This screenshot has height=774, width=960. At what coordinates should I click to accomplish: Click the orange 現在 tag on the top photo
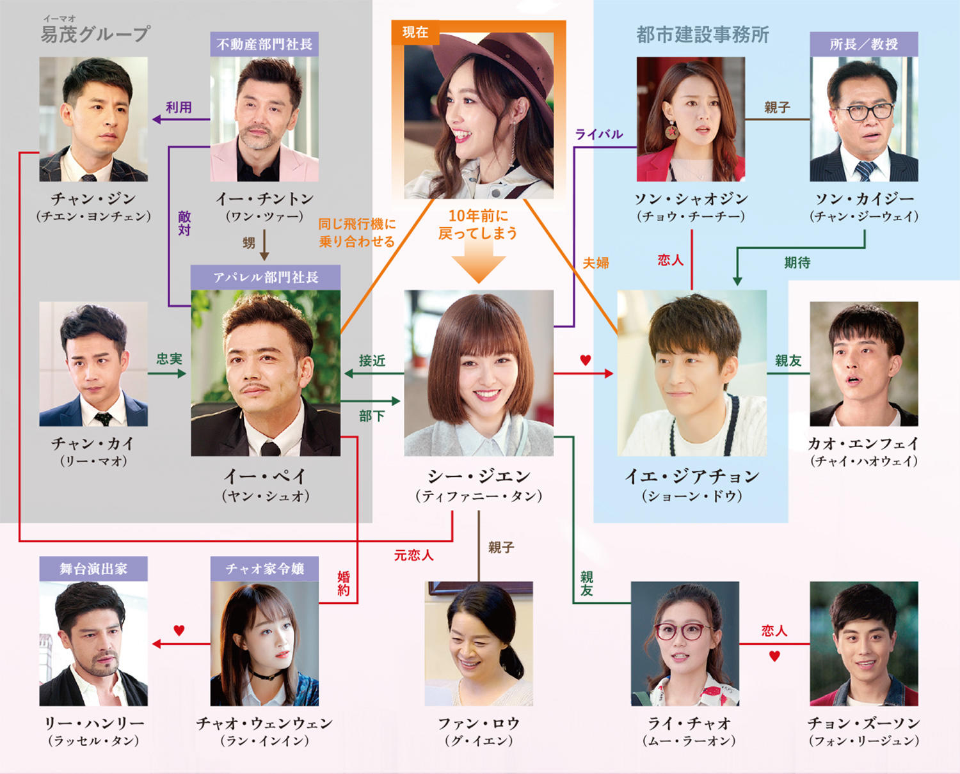[415, 33]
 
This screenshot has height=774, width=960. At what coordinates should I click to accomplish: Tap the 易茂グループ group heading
[95, 33]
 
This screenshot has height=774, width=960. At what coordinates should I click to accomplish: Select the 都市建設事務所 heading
[702, 35]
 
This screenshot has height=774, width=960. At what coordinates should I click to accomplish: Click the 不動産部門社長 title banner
[264, 44]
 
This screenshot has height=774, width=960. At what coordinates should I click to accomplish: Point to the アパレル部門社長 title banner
[266, 278]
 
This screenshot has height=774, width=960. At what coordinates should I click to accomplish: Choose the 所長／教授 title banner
[863, 44]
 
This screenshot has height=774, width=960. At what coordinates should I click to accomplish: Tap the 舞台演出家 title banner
[93, 569]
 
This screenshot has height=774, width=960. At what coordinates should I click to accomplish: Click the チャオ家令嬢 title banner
[264, 569]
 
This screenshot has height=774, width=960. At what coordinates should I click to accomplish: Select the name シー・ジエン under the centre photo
[479, 477]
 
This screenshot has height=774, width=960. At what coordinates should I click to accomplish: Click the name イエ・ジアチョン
[692, 477]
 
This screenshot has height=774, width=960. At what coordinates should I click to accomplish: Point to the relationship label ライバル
[598, 134]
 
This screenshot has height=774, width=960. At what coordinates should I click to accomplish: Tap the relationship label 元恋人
[413, 555]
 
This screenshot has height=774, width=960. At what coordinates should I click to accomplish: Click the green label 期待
[797, 263]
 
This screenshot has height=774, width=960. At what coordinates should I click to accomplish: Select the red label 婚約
[344, 583]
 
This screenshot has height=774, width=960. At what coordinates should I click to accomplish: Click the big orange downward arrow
[479, 265]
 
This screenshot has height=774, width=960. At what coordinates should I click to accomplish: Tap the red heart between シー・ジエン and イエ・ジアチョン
[585, 361]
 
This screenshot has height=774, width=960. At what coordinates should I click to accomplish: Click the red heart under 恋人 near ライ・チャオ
[774, 656]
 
